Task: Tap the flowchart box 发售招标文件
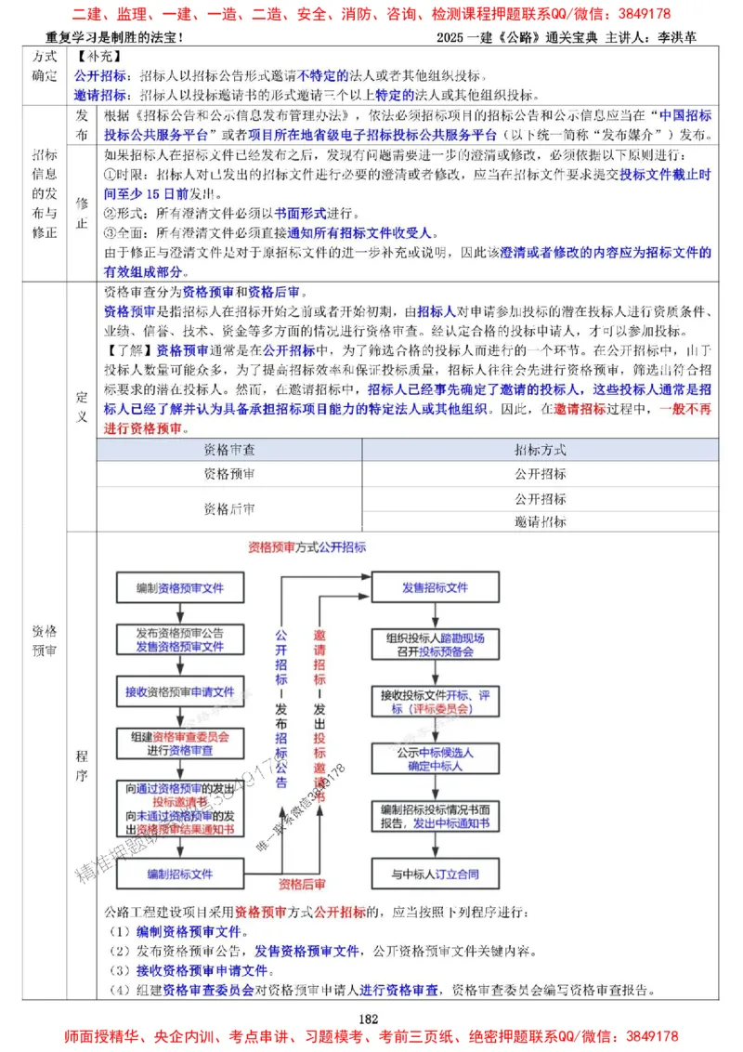coord(435,588)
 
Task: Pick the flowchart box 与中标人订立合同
coord(435,874)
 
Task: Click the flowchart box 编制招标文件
coord(179,874)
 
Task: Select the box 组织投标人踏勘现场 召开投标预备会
coord(435,645)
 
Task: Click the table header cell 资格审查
coord(229,450)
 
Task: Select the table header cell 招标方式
coord(541,450)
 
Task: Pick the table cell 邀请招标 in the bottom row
coord(541,522)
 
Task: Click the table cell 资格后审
coord(229,509)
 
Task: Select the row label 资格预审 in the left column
coord(44,640)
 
